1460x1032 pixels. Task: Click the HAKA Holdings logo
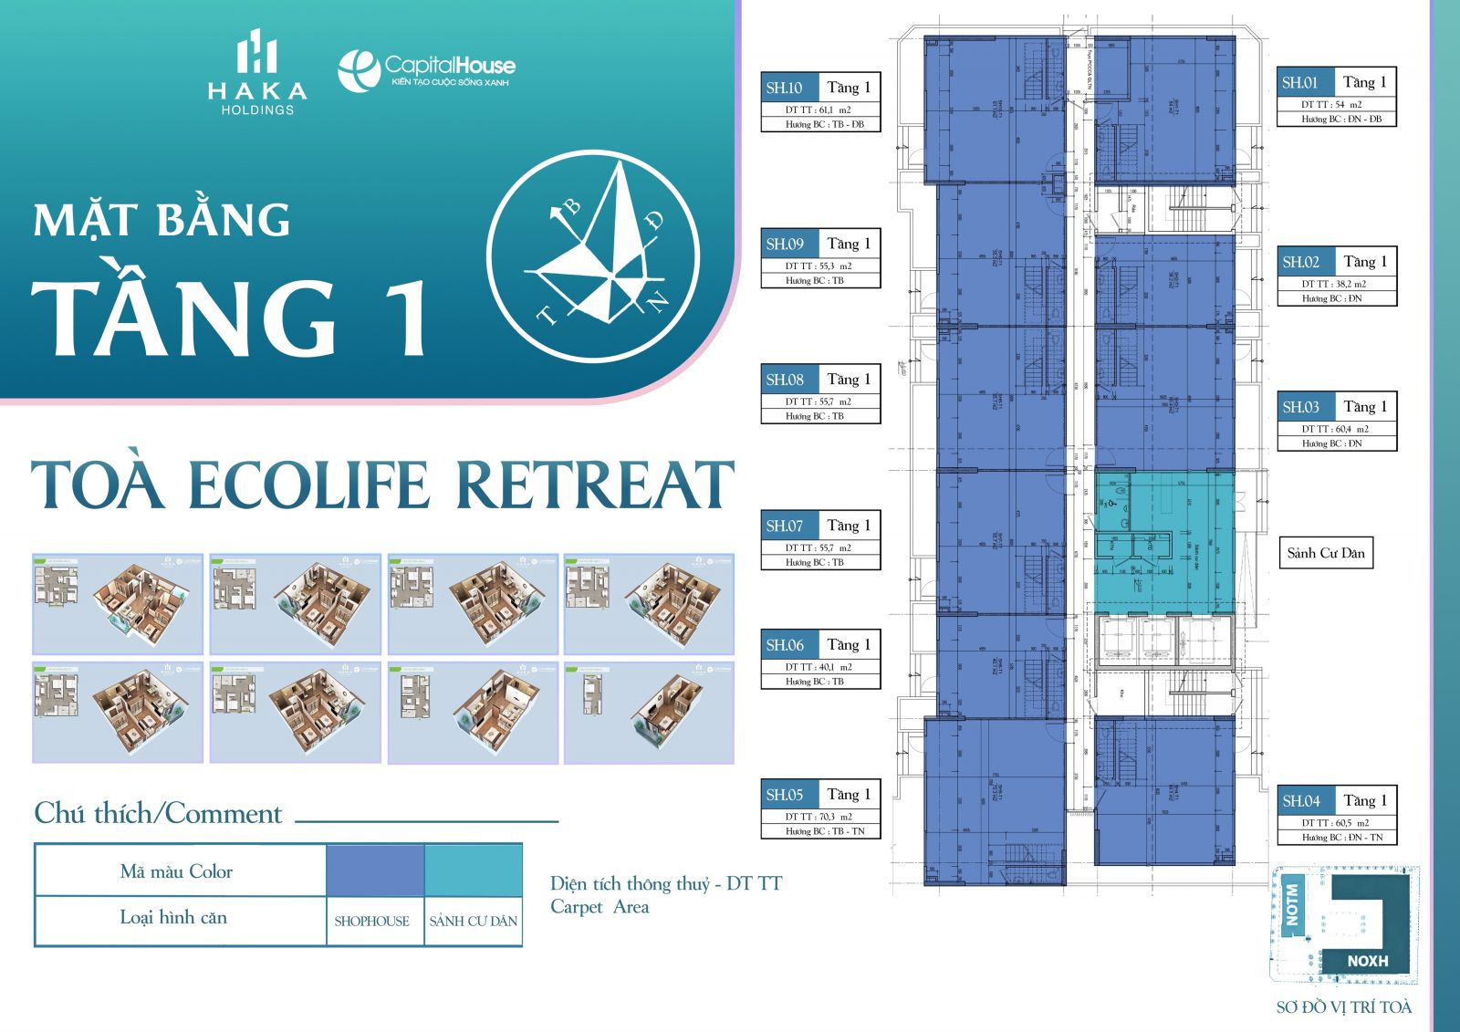[x=257, y=73]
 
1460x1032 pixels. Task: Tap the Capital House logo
[x=426, y=70]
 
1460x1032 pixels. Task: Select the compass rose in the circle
[x=593, y=256]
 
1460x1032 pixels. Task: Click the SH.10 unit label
[x=785, y=88]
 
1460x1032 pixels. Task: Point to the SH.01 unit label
[x=1300, y=82]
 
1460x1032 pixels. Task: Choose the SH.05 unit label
[x=785, y=795]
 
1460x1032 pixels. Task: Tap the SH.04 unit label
[x=1301, y=801]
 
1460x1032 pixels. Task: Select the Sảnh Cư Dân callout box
[x=1326, y=553]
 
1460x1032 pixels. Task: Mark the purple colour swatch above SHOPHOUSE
[x=375, y=870]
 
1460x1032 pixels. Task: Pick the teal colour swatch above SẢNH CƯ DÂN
[x=473, y=870]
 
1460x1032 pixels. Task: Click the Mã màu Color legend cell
[x=177, y=871]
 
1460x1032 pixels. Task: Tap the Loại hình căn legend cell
[x=173, y=918]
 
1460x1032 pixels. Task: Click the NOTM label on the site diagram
[x=1291, y=903]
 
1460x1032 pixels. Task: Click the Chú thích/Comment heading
[x=158, y=813]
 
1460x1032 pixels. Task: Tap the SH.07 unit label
[x=785, y=526]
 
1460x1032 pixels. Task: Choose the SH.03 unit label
[x=1301, y=407]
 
